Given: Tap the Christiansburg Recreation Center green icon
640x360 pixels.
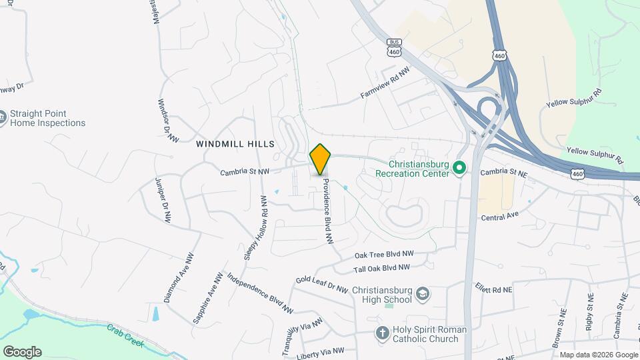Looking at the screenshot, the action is pyautogui.click(x=459, y=167).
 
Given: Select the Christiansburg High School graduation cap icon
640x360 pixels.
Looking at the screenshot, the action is pyautogui.click(x=423, y=294).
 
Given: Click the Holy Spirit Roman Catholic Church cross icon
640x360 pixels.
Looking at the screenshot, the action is pyautogui.click(x=383, y=333).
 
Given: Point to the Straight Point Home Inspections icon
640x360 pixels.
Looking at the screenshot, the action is pyautogui.click(x=3, y=117).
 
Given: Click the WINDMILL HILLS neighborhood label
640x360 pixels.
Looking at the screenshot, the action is pyautogui.click(x=235, y=144).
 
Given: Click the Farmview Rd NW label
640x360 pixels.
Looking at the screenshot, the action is pyautogui.click(x=385, y=85).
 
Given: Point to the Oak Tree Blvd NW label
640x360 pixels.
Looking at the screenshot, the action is pyautogui.click(x=384, y=255).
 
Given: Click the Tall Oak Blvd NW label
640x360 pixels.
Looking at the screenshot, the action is pyautogui.click(x=381, y=268).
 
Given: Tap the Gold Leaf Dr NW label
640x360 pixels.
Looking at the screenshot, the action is pyautogui.click(x=322, y=285).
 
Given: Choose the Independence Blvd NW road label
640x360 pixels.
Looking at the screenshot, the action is pyautogui.click(x=260, y=293).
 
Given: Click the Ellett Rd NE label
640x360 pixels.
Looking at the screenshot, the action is pyautogui.click(x=493, y=290).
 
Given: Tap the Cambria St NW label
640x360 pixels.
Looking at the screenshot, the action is pyautogui.click(x=245, y=171).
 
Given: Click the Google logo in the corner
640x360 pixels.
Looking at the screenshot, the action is pyautogui.click(x=22, y=352).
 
